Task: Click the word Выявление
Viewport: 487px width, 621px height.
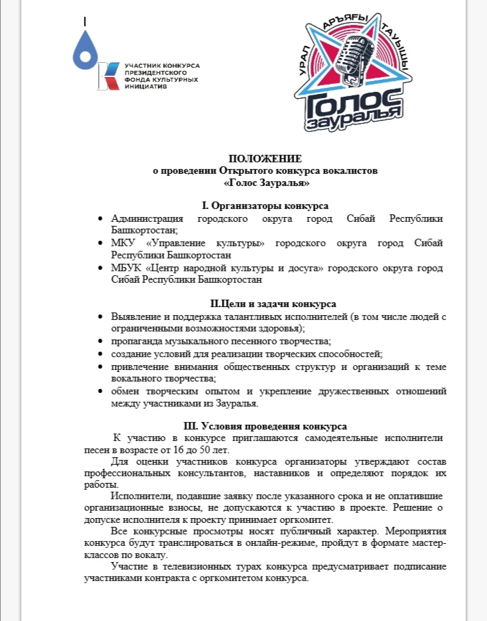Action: [138, 317]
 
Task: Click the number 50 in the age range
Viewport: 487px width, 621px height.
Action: [227, 450]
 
